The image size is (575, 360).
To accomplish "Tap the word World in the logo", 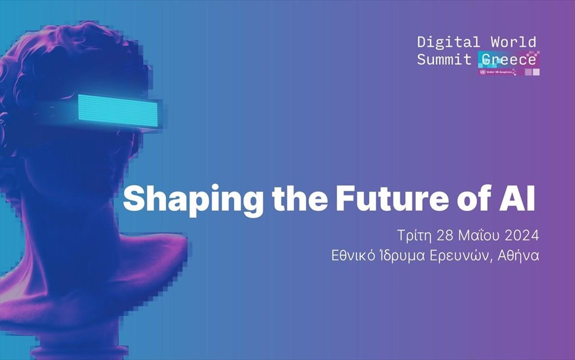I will (x=514, y=42).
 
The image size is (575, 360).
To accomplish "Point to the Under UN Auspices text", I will (x=500, y=72).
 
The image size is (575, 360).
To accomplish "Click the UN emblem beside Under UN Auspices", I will (x=483, y=72).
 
